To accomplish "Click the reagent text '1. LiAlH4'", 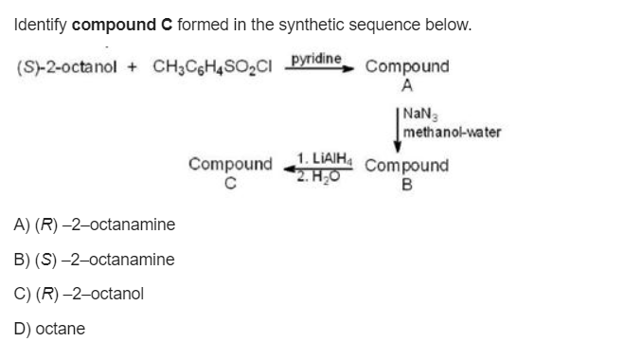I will (x=323, y=157).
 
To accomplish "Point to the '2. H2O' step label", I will (x=319, y=172).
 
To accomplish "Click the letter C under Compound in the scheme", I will (x=229, y=182).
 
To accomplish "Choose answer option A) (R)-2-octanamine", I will (x=94, y=225).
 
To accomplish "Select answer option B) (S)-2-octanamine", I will (x=94, y=260).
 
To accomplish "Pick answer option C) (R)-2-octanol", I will (x=79, y=294).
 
